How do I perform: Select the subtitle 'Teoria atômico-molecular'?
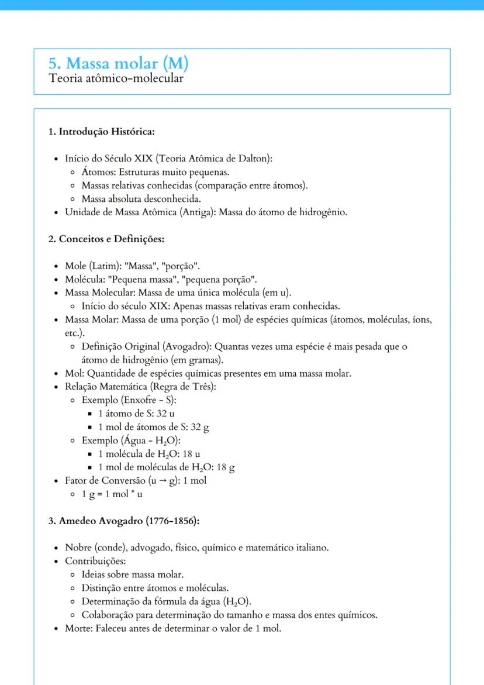(116, 78)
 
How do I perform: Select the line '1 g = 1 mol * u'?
(112, 494)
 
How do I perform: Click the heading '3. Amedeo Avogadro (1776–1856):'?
(125, 521)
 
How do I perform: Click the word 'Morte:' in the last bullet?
(78, 629)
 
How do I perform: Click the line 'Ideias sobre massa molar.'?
(133, 575)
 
